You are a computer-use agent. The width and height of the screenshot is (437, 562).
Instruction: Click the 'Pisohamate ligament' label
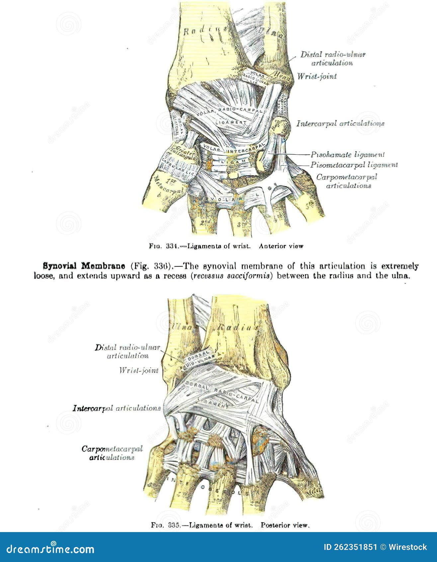tap(347, 155)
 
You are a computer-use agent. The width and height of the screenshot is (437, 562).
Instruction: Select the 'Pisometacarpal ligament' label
tap(354, 165)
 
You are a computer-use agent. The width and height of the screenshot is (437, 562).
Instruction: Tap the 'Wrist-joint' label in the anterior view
tap(317, 76)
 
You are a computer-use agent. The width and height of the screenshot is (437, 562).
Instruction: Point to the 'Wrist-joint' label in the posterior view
tap(139, 370)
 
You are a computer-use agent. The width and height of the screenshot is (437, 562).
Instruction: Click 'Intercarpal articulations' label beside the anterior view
tap(340, 123)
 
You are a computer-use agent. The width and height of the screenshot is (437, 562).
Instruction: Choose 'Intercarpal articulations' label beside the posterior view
tap(117, 408)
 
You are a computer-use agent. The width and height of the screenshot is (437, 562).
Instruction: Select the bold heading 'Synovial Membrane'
tap(84, 266)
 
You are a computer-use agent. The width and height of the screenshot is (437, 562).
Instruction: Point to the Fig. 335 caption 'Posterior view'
tap(285, 525)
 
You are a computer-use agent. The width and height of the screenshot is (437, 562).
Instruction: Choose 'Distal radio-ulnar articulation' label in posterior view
tap(128, 351)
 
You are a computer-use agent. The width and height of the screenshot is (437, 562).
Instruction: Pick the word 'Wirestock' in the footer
tap(408, 547)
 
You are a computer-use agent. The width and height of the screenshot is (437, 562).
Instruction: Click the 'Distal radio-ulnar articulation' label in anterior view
tap(333, 58)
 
